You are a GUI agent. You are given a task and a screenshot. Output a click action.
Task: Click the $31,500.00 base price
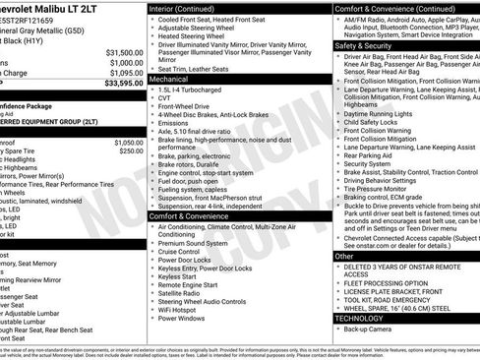click(125, 52)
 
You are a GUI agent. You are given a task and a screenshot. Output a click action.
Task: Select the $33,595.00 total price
click(123, 84)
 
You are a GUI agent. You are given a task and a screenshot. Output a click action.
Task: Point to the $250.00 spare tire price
click(131, 151)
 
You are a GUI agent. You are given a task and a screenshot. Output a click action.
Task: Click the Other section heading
click(344, 256)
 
